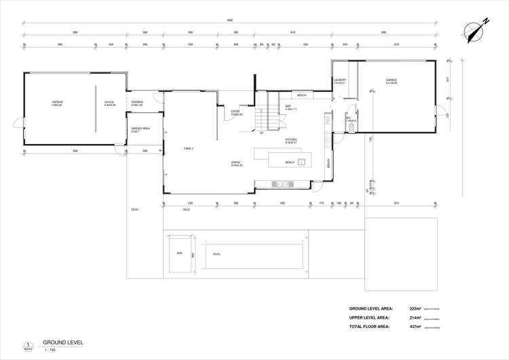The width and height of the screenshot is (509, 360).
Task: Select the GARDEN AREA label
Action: pyautogui.click(x=140, y=130)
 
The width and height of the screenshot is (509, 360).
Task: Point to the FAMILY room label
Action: pyautogui.click(x=189, y=148)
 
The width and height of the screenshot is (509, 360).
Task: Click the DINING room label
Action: pyautogui.click(x=236, y=164)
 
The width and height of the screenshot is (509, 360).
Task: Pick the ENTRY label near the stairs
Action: pyautogui.click(x=236, y=113)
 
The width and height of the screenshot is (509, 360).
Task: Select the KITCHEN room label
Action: pyautogui.click(x=290, y=141)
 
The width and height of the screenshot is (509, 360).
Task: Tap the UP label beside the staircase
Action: pyautogui.click(x=261, y=133)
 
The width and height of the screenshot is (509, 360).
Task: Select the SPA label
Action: pyautogui.click(x=180, y=253)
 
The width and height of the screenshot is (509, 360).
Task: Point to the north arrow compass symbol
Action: pyautogui.click(x=474, y=31)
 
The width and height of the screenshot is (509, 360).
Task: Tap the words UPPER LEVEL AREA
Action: pyautogui.click(x=369, y=318)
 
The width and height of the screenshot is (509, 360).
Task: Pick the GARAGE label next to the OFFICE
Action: pyautogui.click(x=57, y=103)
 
